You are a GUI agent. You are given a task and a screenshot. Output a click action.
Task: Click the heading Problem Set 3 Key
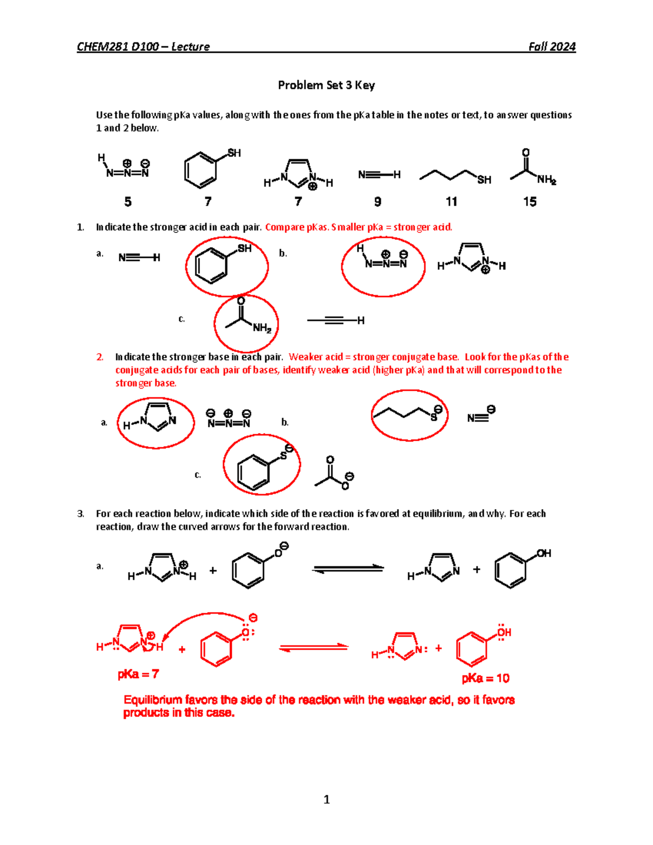pyautogui.click(x=326, y=85)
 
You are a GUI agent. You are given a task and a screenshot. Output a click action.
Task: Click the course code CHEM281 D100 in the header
pyautogui.click(x=118, y=47)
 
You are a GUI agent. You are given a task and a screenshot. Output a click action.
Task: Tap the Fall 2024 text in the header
pyautogui.click(x=552, y=47)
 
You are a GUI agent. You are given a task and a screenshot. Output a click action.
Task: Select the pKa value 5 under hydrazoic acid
pyautogui.click(x=128, y=202)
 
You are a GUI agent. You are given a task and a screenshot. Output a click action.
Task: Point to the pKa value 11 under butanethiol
pyautogui.click(x=451, y=202)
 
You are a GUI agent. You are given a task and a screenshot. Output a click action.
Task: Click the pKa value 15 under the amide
pyautogui.click(x=529, y=202)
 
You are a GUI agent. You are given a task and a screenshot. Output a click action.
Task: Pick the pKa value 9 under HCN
pyautogui.click(x=378, y=202)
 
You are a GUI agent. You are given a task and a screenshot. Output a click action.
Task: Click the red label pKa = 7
pyautogui.click(x=138, y=674)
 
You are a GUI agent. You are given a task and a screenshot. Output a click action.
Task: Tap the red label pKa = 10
pyautogui.click(x=485, y=679)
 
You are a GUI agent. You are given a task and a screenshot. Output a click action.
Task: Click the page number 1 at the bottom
pyautogui.click(x=326, y=799)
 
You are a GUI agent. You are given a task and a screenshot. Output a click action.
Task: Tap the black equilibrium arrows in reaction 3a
pyautogui.click(x=348, y=569)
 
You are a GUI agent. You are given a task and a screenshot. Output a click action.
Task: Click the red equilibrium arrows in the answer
pyautogui.click(x=313, y=647)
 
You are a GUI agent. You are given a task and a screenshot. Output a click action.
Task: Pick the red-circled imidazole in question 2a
pyautogui.click(x=156, y=422)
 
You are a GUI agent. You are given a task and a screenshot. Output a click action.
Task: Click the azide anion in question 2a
pyautogui.click(x=229, y=420)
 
